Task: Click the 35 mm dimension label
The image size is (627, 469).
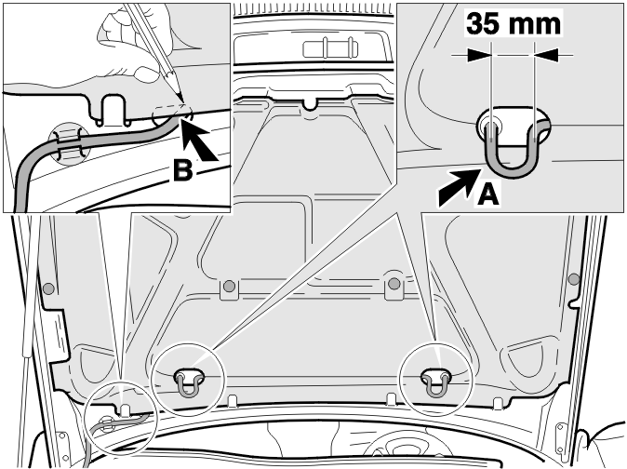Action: [514, 24]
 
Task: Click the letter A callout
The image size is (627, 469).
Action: [488, 194]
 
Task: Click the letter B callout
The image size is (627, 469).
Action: [182, 170]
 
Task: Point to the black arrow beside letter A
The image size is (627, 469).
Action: [459, 187]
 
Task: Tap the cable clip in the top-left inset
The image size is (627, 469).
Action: [69, 144]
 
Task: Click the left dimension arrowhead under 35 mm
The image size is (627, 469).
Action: [479, 55]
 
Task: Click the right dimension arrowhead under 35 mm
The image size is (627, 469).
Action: [547, 55]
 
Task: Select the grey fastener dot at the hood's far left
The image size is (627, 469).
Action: [48, 288]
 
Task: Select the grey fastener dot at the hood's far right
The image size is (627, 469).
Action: [574, 279]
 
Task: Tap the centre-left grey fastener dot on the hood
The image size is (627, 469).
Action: [229, 286]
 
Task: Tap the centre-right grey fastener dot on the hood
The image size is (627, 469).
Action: [394, 284]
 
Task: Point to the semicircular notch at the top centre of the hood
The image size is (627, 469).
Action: [309, 104]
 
